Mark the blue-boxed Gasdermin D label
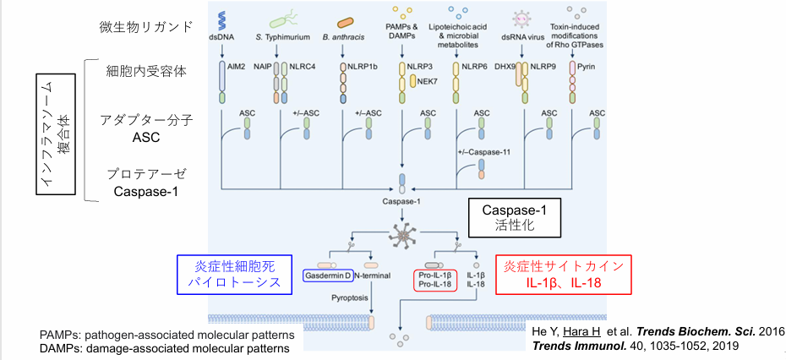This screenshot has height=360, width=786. click(x=325, y=275)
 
